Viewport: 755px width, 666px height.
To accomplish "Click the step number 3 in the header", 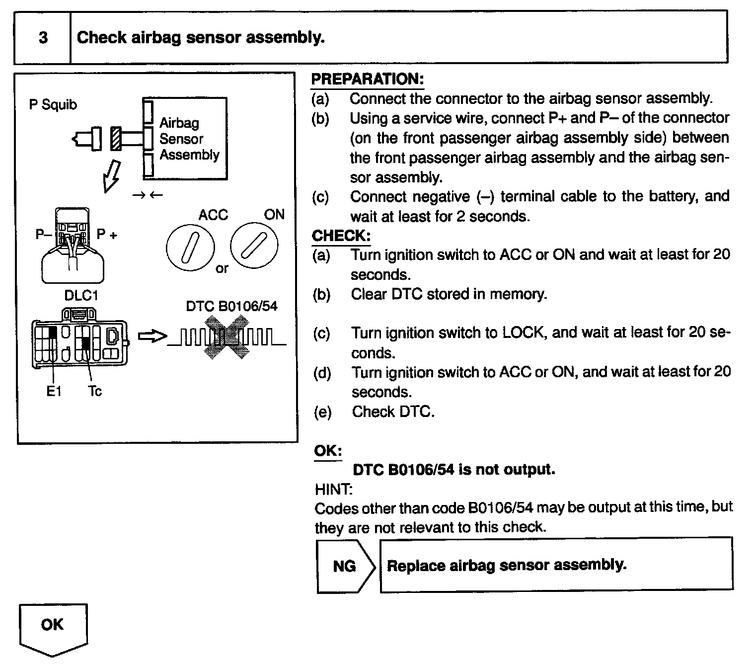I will click(43, 38).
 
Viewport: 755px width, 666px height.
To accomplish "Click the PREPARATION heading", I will click(367, 79).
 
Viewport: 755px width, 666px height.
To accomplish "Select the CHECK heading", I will click(341, 236).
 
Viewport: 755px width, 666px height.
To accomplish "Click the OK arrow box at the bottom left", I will click(53, 627).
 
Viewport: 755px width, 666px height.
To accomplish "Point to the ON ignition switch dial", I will click(254, 246).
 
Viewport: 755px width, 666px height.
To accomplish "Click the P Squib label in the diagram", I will click(53, 105).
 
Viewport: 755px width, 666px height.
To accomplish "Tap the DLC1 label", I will click(81, 296).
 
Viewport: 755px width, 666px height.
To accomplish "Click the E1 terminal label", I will click(54, 392).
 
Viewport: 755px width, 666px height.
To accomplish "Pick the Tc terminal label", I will click(95, 392).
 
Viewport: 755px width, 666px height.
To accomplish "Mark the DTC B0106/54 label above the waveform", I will click(231, 306).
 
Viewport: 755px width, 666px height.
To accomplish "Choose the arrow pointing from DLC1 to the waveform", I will click(151, 337).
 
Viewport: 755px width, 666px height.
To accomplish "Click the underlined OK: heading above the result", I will click(328, 451).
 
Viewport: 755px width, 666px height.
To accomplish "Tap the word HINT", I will click(333, 490).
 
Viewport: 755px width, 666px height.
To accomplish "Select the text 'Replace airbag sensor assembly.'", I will click(506, 566).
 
